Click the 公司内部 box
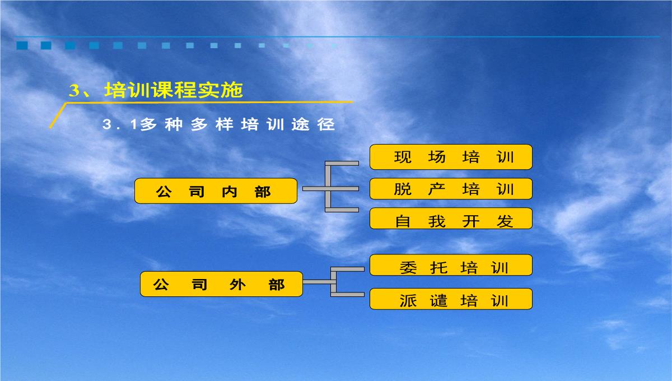(x=216, y=191)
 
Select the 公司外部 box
(x=221, y=284)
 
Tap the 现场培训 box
(x=451, y=157)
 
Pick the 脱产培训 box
(x=451, y=189)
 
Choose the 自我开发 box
(x=451, y=219)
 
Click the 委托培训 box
(x=451, y=265)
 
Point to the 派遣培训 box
(x=451, y=299)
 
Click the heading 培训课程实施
(x=174, y=90)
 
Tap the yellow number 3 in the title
(x=74, y=90)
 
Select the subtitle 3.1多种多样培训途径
(x=218, y=124)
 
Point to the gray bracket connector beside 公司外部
(x=333, y=282)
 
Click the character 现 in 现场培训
(x=403, y=157)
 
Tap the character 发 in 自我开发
(x=505, y=221)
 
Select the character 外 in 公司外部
(x=237, y=284)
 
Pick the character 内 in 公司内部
(x=230, y=192)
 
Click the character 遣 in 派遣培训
(x=438, y=300)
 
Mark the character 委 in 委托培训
(x=408, y=267)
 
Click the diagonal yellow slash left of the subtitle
(x=58, y=116)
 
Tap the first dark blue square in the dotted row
(x=22, y=45)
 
